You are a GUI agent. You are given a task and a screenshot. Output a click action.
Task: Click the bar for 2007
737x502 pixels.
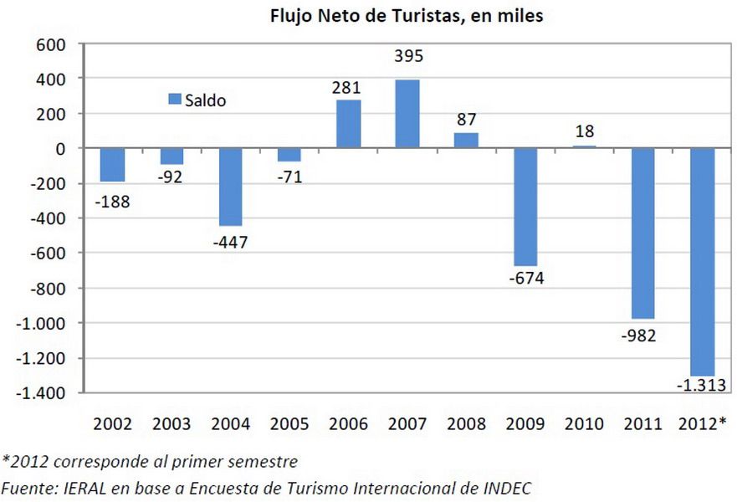pos(407,114)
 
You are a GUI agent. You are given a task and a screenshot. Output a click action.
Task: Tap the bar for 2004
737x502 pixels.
pos(231,187)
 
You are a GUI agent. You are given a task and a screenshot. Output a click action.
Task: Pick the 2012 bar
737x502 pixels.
pos(702,262)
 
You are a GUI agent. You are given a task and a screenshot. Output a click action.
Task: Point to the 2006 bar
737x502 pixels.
pos(349,124)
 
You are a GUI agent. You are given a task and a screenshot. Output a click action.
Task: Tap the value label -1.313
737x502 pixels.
pos(700,384)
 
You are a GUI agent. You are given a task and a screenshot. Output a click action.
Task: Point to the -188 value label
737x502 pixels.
pos(113,201)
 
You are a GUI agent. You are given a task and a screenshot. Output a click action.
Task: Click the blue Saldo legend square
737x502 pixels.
pos(175,100)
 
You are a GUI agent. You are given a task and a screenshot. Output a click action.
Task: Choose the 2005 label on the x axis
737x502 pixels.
pos(289,423)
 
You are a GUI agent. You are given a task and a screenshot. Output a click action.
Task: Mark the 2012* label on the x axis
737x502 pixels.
pos(702,423)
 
